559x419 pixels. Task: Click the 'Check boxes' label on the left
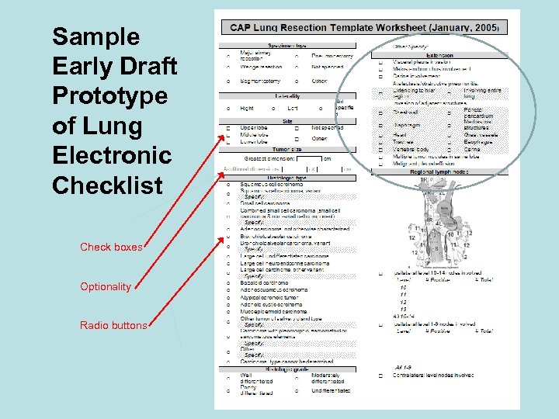[x=112, y=248]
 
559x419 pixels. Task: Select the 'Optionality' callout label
[x=106, y=286]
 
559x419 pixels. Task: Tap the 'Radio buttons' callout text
[x=113, y=325]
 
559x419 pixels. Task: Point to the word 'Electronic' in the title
[x=111, y=156]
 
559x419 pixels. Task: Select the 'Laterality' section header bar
[x=287, y=95]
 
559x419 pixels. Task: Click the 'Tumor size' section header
[x=287, y=149]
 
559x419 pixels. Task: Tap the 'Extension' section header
[x=439, y=56]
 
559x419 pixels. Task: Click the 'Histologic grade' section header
[x=287, y=370]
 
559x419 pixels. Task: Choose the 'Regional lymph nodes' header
[x=439, y=171]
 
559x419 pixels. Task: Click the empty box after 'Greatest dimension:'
[x=308, y=158]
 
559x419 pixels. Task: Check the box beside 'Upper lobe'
[x=228, y=126]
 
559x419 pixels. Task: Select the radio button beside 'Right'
[x=228, y=109]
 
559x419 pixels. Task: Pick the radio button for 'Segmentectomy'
[x=228, y=81]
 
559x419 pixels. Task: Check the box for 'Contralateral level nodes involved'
[x=381, y=376]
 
